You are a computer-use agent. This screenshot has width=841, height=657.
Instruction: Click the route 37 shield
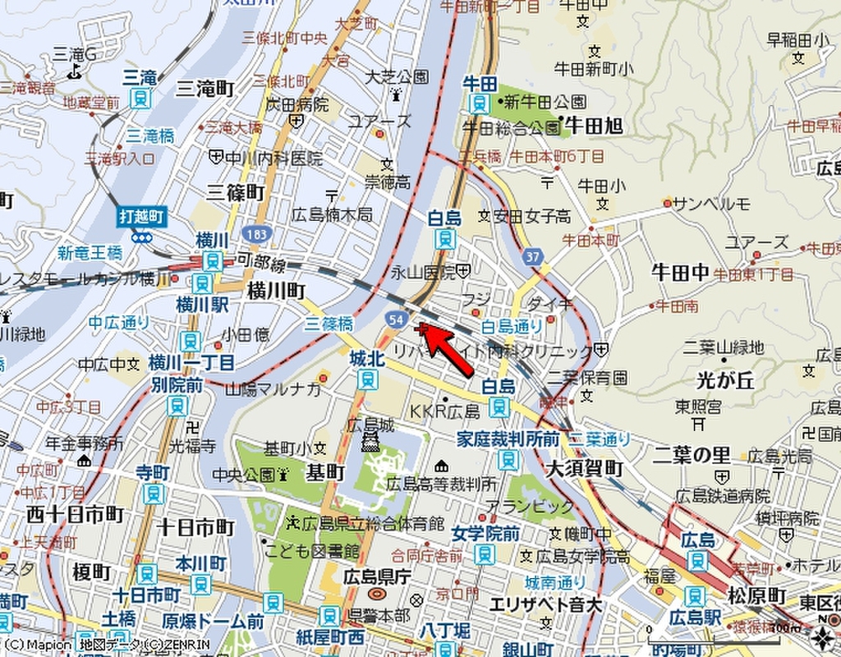tap(533, 256)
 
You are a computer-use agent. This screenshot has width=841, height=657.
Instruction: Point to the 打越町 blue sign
tap(141, 217)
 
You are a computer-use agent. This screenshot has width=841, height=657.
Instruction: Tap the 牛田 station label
tap(480, 84)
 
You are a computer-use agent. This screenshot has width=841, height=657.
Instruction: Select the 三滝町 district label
tap(205, 88)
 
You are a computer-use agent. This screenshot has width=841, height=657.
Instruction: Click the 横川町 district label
tap(276, 291)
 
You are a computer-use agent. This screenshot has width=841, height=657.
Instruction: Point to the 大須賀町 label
tap(585, 469)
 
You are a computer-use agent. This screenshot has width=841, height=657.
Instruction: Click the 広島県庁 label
tap(377, 575)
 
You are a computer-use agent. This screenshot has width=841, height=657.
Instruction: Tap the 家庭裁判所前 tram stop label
tap(508, 439)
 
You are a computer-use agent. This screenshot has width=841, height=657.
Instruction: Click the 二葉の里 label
tap(692, 454)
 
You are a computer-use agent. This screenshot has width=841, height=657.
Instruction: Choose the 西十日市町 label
tap(75, 515)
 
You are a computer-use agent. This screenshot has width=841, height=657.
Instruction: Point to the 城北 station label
tap(367, 359)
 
